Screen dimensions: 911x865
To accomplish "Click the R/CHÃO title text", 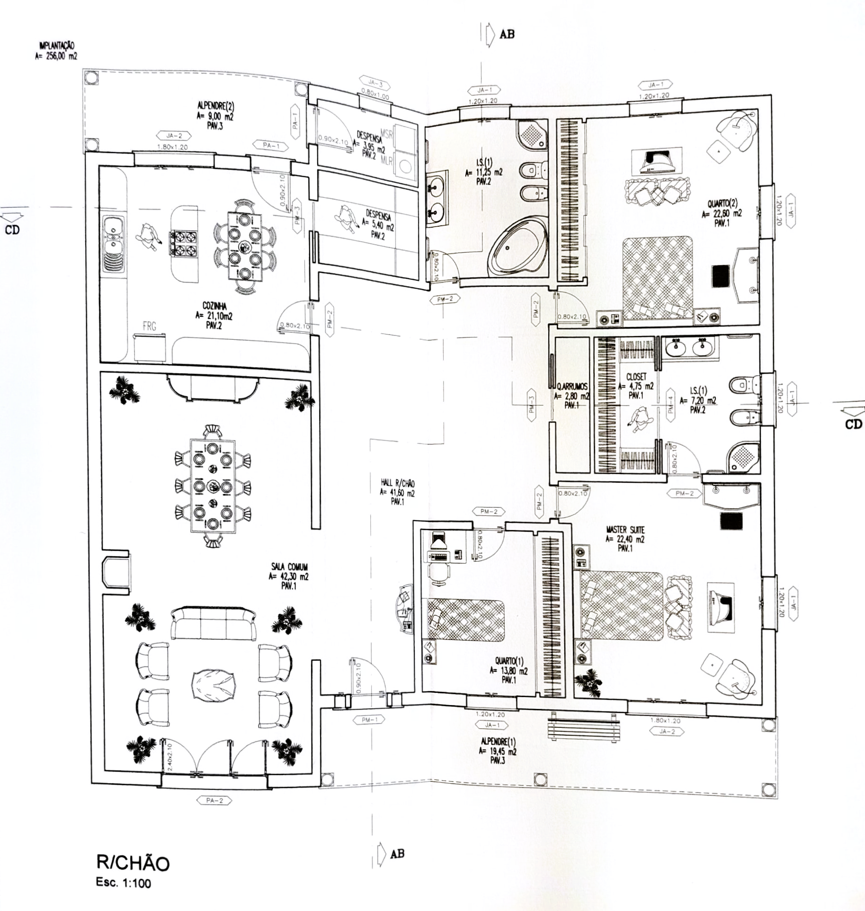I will tap(133, 863).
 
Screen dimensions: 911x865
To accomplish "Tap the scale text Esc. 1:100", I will tap(124, 883).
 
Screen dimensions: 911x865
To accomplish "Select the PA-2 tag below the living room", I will tap(214, 801).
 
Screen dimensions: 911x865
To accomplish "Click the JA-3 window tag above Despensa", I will tap(375, 86).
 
